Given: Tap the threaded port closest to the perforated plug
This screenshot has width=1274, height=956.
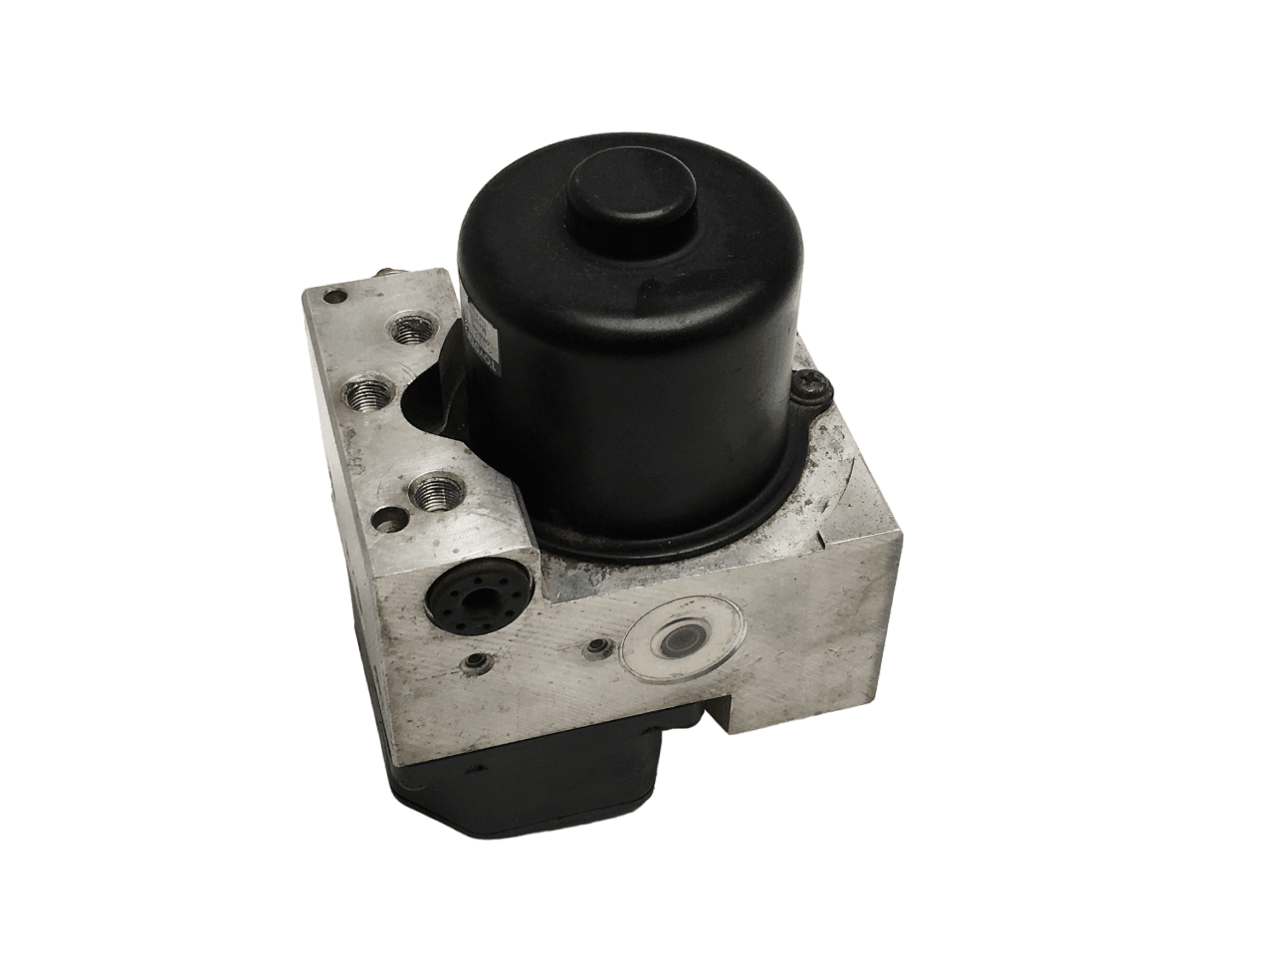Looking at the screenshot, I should pos(431,492).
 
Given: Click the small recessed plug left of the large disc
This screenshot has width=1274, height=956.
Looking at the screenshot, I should pos(596,651).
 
